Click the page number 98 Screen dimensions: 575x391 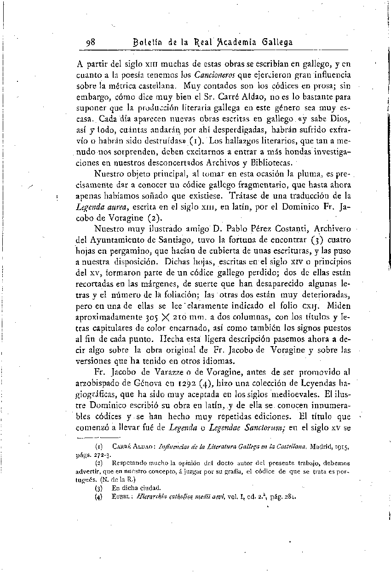91,42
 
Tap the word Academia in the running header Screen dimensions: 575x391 238,42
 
